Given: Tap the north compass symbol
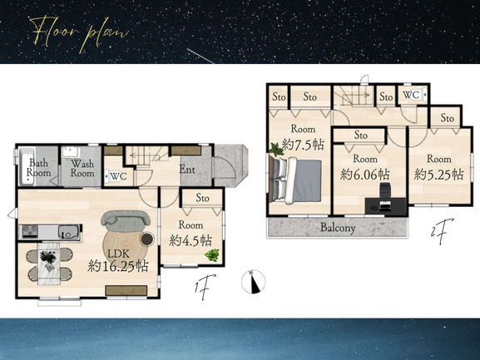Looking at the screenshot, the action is (x=253, y=282).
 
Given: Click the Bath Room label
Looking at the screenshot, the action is (x=38, y=168).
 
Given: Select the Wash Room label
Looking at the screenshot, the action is (x=82, y=168).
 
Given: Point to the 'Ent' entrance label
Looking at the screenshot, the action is (x=187, y=169).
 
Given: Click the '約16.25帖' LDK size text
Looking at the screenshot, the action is (x=118, y=266).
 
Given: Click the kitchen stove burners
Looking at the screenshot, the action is (x=30, y=231).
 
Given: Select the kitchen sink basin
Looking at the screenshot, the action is (x=68, y=232).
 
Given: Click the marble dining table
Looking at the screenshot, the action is (x=49, y=264).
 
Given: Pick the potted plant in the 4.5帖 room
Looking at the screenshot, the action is (x=212, y=254).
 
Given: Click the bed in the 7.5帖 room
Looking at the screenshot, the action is (x=296, y=180).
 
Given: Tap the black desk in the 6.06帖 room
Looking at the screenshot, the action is (x=385, y=205).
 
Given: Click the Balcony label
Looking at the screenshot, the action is (x=338, y=228).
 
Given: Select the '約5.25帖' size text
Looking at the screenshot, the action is (x=438, y=175).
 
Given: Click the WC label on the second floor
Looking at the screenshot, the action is (x=411, y=95).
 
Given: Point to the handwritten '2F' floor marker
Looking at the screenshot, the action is (x=441, y=231).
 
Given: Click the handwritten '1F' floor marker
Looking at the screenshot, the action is (x=205, y=287).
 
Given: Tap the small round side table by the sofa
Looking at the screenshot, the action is (x=147, y=239).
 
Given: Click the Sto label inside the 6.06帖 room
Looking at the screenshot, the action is (x=360, y=135).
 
